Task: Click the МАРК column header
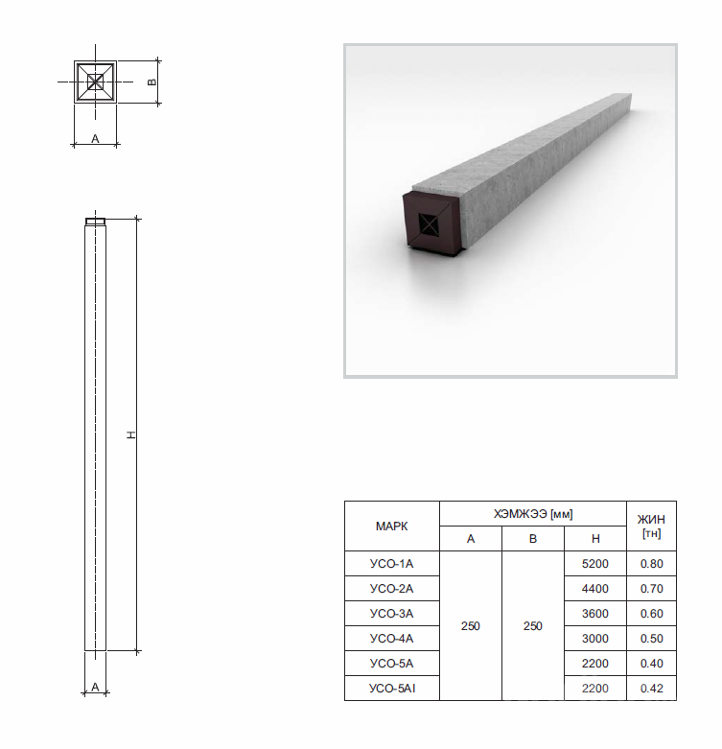click(391, 527)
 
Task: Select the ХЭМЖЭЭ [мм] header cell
click(533, 514)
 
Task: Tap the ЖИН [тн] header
click(651, 526)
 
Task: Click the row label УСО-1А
click(391, 564)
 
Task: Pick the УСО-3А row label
click(391, 614)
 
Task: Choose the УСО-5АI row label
click(392, 689)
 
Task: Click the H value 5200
click(595, 564)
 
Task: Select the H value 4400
click(595, 589)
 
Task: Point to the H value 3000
click(595, 639)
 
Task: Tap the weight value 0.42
click(652, 689)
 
